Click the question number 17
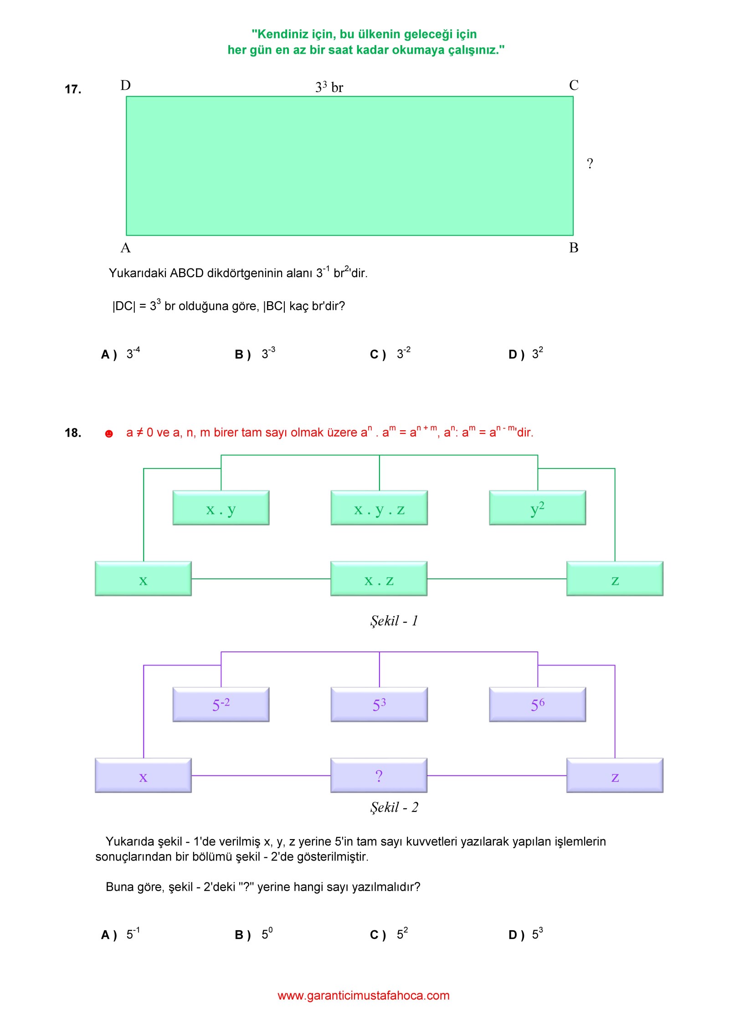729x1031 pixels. tap(73, 89)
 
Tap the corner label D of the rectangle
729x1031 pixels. tap(125, 85)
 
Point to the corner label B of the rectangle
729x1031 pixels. tap(574, 247)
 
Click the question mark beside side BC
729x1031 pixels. tap(590, 163)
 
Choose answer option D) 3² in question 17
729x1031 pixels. tap(526, 353)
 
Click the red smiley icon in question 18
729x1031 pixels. tap(109, 433)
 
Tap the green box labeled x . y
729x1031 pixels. tap(221, 508)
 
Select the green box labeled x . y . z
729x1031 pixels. tap(379, 508)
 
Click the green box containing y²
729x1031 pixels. tap(538, 508)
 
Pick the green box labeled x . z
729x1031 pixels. tap(379, 579)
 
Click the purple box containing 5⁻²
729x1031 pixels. tap(221, 705)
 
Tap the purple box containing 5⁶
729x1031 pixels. tap(538, 705)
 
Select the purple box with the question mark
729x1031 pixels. tap(379, 776)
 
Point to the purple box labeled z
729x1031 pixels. tap(615, 776)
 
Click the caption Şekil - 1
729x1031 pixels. tap(394, 621)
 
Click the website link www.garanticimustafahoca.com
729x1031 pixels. tap(364, 995)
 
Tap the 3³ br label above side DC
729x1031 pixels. tap(329, 87)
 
